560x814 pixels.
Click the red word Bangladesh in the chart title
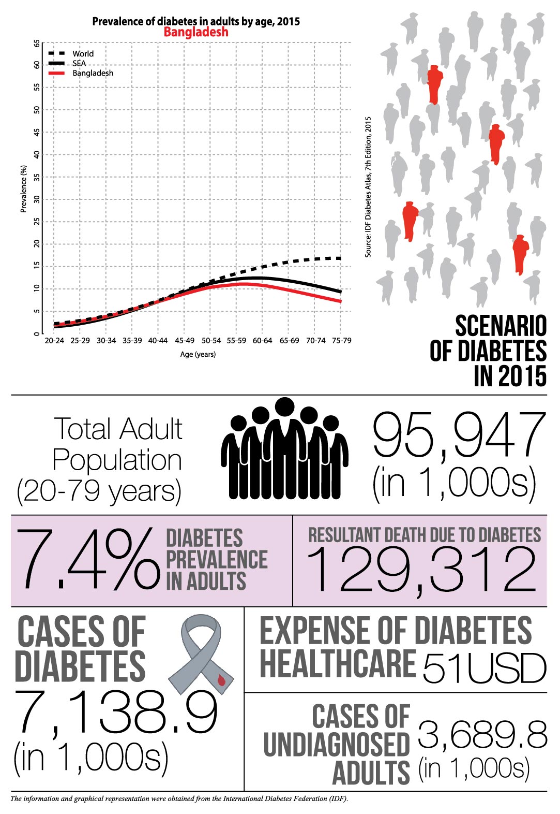tap(196, 32)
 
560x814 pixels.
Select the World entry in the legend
tap(83, 54)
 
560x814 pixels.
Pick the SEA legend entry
tap(79, 64)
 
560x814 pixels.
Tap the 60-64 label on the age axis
tap(262, 341)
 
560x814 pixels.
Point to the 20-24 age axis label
tap(54, 341)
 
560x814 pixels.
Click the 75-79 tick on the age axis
tap(341, 341)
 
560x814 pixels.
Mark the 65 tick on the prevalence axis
tap(37, 44)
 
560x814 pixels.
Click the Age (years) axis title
tap(198, 355)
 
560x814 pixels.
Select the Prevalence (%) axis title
tap(23, 188)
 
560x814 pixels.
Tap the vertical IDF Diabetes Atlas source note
tap(368, 186)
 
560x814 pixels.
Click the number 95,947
tap(459, 435)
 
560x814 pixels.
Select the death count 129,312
tap(421, 570)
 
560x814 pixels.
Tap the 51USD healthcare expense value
tap(484, 668)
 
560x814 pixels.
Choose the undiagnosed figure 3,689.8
tap(482, 734)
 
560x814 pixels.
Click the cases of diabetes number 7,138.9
tap(116, 713)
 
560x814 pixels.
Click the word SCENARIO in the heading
tap(501, 326)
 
